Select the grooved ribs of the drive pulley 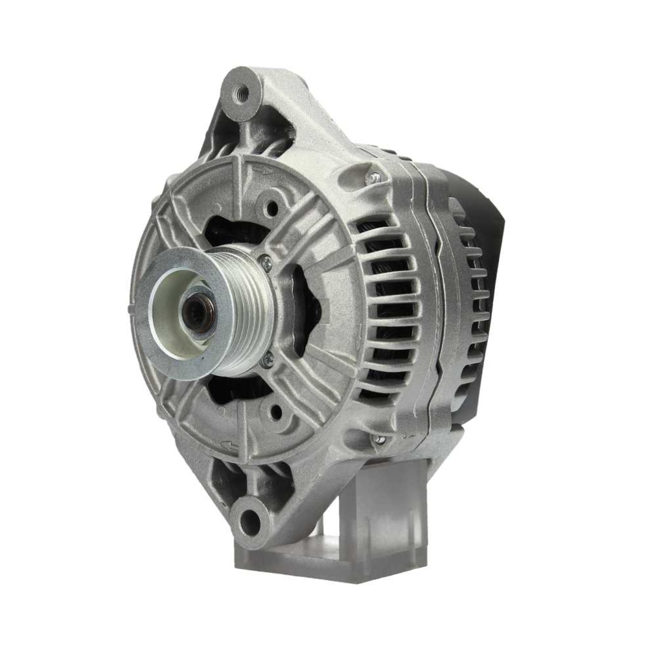[x=249, y=311]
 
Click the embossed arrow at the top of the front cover [x=261, y=170]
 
